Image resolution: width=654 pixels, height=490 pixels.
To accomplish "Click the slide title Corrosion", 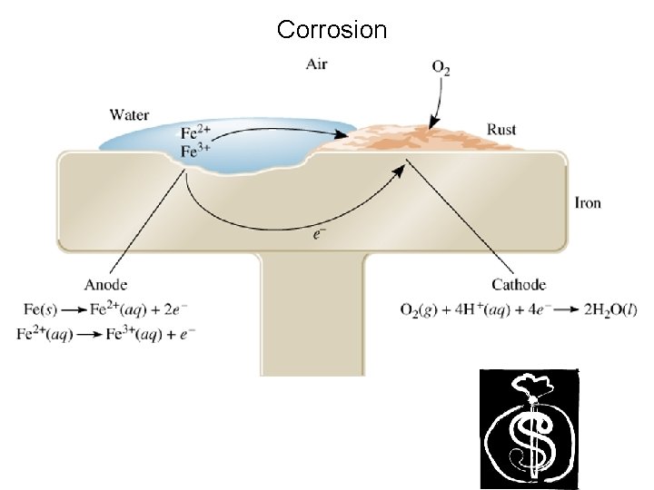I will tap(332, 30).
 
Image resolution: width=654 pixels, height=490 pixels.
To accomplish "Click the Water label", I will tap(129, 115).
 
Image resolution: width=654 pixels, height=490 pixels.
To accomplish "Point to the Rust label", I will tap(501, 130).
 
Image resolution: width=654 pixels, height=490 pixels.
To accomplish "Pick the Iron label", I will tap(588, 202).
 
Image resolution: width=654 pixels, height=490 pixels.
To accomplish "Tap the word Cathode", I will tap(519, 285).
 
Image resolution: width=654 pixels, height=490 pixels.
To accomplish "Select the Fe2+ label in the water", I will tap(197, 133).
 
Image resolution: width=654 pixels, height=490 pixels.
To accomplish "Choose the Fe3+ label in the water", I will tap(197, 152).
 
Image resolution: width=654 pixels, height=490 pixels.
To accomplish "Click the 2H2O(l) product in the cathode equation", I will tap(611, 309).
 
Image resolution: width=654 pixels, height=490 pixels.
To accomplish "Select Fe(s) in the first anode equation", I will tap(36, 309).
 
